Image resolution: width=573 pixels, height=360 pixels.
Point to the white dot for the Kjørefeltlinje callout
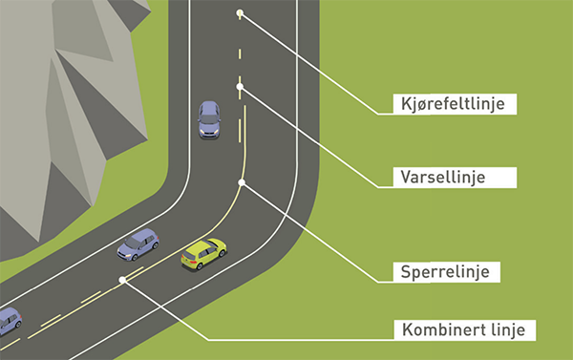click(240, 14)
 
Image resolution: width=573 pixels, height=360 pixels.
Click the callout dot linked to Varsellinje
click(240, 87)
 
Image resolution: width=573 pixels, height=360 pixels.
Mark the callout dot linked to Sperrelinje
click(243, 181)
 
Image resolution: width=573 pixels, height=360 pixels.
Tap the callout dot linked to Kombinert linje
click(122, 280)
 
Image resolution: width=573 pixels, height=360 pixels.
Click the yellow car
click(203, 254)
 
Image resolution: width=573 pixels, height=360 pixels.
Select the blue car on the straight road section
click(209, 119)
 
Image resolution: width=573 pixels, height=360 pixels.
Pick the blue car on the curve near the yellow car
click(138, 244)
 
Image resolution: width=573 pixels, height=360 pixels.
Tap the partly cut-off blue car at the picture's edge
click(9, 321)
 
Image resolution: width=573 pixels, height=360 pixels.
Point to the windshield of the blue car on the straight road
click(209, 127)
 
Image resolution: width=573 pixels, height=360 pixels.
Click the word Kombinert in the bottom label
click(435, 330)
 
